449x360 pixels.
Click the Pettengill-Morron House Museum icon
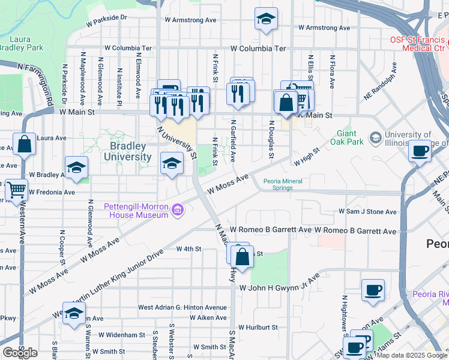point(178,210)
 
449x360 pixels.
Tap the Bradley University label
point(131,151)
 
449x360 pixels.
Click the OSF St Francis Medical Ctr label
point(415,43)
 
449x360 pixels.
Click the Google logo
point(19,353)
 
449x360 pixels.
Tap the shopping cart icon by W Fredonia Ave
point(16,189)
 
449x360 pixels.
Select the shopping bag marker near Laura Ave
point(24,145)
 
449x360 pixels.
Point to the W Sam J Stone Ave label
point(367,212)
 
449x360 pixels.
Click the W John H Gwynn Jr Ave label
point(279,288)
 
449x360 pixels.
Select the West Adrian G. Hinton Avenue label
point(182,307)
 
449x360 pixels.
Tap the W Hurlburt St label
point(258,328)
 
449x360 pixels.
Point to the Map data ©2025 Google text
point(412,355)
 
